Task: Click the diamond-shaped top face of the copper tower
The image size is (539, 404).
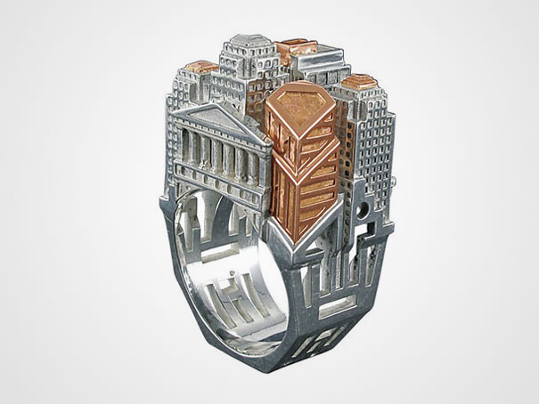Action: pyautogui.click(x=301, y=104)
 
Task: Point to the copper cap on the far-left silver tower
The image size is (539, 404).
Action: pyautogui.click(x=201, y=67)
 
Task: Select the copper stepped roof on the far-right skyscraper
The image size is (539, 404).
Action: pyautogui.click(x=359, y=83)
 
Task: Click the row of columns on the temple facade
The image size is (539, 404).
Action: pyautogui.click(x=219, y=150)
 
